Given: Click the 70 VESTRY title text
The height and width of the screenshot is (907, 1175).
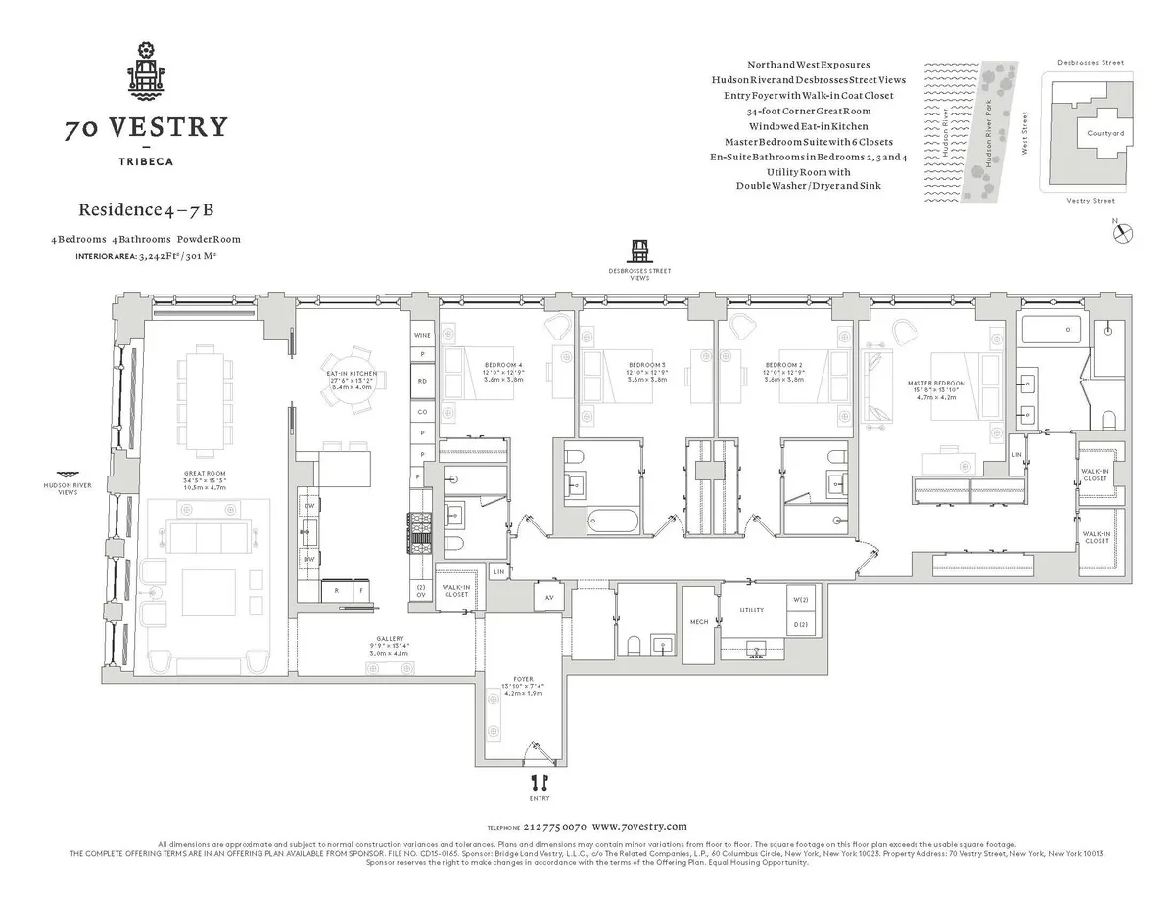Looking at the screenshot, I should [x=146, y=127].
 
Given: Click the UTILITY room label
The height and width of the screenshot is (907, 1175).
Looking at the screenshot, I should [x=751, y=610].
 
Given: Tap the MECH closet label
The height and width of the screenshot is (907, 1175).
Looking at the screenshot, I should [x=698, y=621].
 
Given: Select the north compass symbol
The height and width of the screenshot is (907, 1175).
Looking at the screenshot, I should [x=1124, y=233].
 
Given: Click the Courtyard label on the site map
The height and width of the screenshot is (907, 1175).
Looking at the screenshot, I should [x=1105, y=133].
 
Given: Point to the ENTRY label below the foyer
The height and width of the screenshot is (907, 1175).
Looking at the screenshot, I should [x=539, y=798].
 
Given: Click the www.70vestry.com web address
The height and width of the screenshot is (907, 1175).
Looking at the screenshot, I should [x=640, y=826].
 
